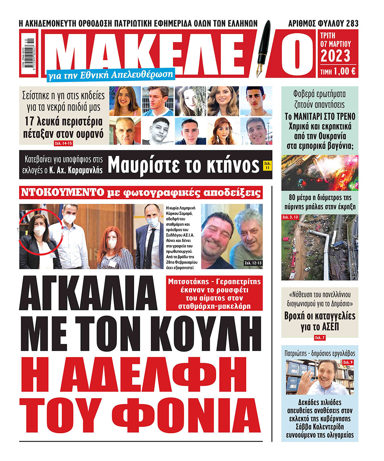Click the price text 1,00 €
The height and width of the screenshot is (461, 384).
[343, 72]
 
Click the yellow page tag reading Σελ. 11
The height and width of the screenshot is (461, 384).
[268, 166]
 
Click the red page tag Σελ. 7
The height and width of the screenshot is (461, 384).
[320, 337]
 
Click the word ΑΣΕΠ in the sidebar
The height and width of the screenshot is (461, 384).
[320, 327]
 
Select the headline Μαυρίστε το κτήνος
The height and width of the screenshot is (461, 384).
[184, 166]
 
